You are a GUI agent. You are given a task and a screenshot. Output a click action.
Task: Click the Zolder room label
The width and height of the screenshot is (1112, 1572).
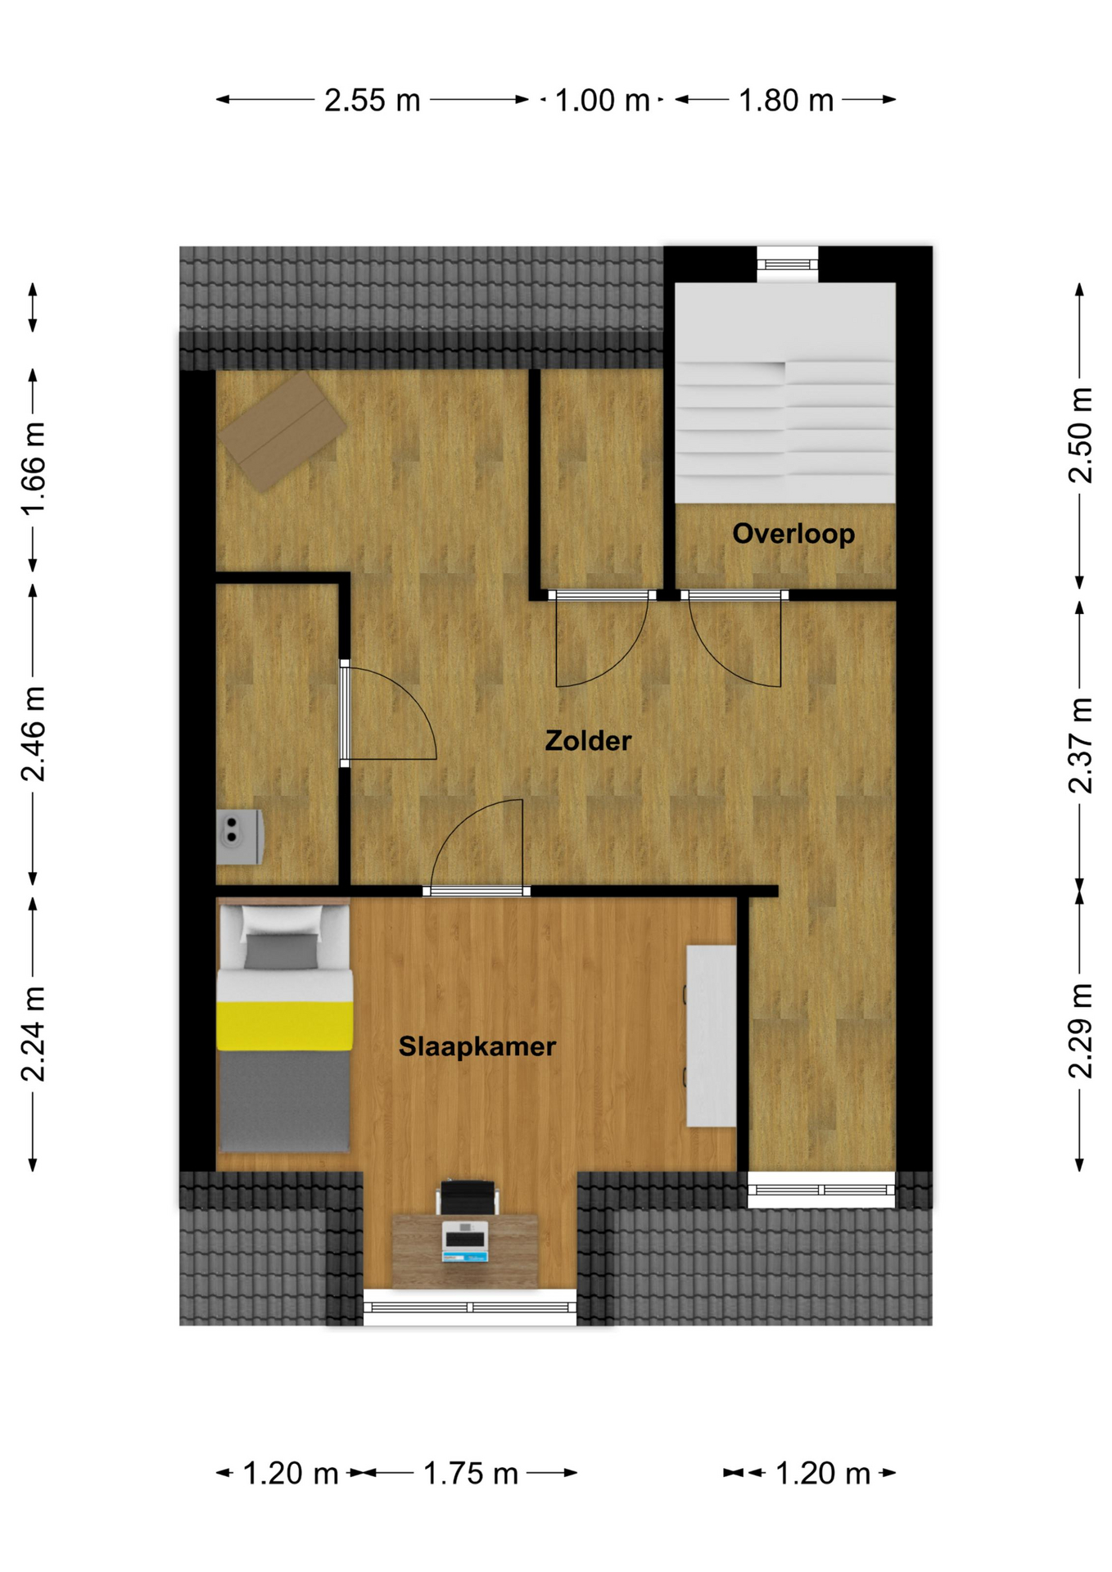(588, 741)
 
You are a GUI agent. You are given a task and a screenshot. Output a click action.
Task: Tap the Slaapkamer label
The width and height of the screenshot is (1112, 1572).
(477, 1046)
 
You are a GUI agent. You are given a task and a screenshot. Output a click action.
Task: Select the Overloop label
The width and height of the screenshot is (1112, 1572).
(793, 534)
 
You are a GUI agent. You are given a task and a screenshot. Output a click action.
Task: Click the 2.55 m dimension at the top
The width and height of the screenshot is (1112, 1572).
(373, 100)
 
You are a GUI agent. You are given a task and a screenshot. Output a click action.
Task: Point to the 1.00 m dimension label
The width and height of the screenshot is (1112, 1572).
(603, 100)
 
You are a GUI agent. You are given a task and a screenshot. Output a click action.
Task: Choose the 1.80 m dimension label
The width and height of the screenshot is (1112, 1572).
(786, 100)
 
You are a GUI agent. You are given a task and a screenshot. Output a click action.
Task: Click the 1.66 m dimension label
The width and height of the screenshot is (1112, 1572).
(34, 469)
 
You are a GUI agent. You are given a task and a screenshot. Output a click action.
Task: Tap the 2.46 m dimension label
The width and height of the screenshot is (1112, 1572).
(34, 734)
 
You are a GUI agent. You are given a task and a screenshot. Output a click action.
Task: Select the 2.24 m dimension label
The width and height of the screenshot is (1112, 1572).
(34, 1034)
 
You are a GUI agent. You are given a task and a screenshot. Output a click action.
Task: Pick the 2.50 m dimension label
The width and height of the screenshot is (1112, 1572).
(1080, 436)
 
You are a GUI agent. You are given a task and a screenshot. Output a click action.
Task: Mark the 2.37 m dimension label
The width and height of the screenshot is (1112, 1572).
(1080, 745)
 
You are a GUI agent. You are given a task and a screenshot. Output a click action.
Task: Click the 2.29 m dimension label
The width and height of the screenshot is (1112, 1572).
(1080, 1031)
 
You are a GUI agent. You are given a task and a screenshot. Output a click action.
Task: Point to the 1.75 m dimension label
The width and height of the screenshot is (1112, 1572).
(471, 1474)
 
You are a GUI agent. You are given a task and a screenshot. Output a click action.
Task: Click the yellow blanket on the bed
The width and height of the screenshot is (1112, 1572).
(285, 1025)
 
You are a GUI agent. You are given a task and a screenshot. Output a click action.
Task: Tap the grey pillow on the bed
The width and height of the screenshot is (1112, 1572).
(281, 951)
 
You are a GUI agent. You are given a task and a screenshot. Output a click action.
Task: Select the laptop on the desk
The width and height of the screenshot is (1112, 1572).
(465, 1240)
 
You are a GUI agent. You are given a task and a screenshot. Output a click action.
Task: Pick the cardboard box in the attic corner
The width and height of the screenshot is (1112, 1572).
(282, 431)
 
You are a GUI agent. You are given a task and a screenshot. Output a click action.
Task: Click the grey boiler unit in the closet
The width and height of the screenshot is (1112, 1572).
(239, 837)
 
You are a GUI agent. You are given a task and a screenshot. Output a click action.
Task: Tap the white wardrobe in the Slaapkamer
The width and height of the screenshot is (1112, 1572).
(711, 1036)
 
